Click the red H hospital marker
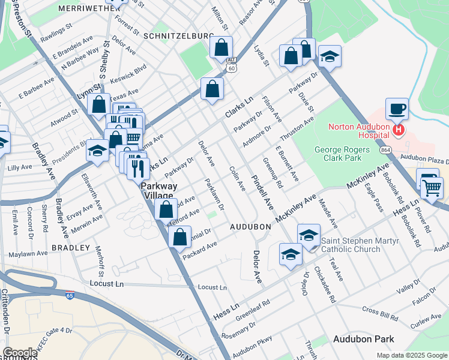coord(397,129)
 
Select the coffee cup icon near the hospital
coord(397,110)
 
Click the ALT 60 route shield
coord(231,64)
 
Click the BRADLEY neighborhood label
coord(70,247)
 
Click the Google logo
coord(20,353)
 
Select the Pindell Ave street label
coord(263,193)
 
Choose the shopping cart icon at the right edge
coord(432,187)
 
